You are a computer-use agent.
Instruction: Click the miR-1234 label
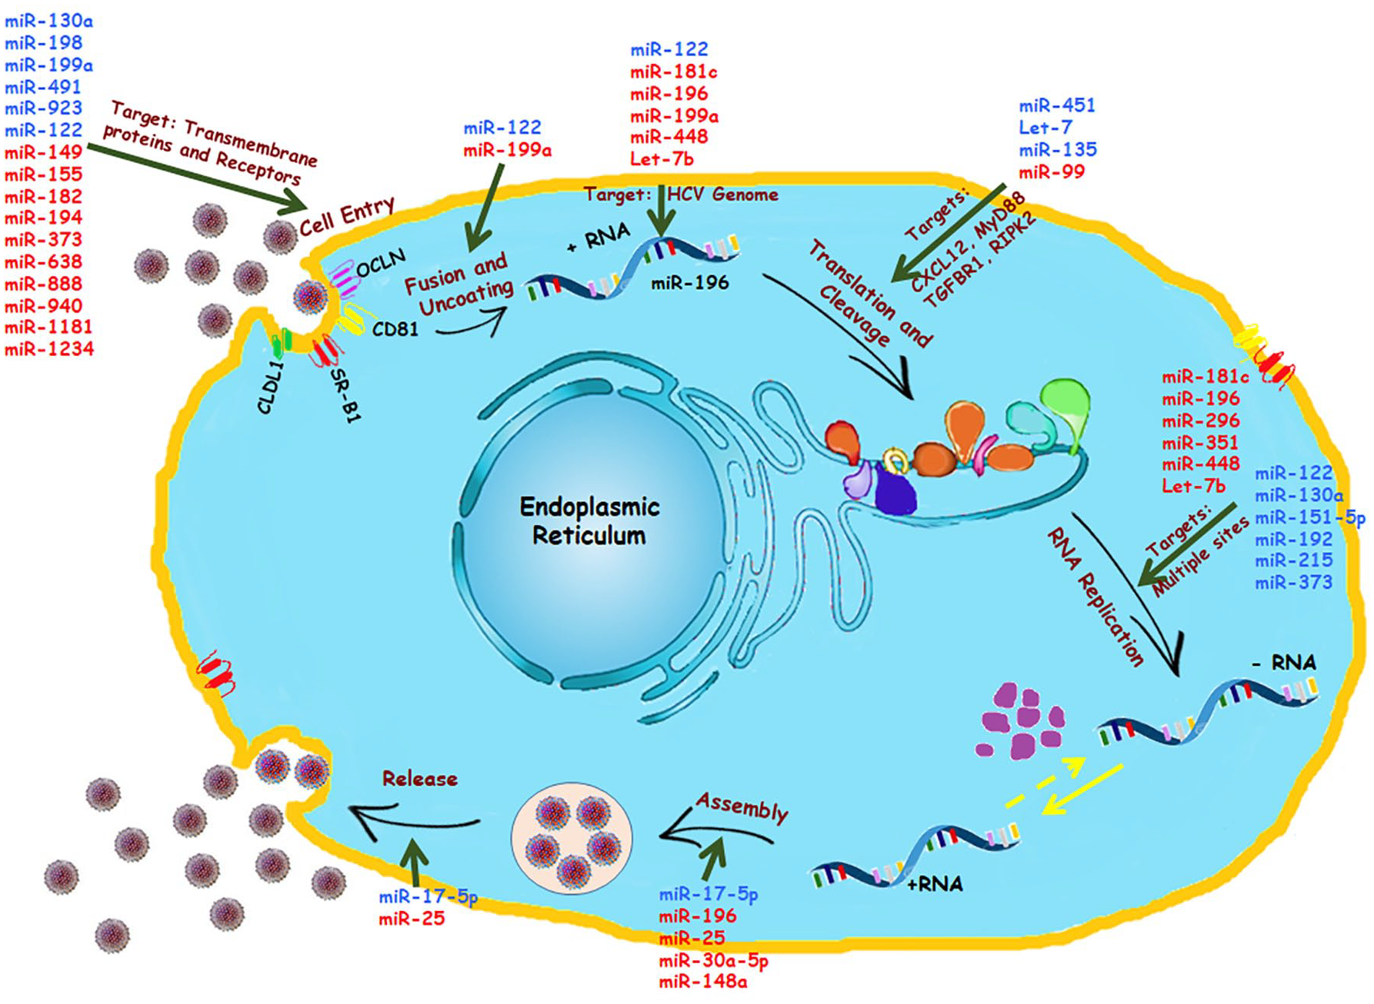49,349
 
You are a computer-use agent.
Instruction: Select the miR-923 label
44,108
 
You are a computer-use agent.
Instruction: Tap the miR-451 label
1057,105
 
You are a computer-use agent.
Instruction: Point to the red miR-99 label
1051,171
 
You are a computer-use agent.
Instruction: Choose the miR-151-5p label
1310,517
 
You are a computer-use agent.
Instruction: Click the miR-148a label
702,982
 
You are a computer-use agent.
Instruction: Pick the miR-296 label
1200,421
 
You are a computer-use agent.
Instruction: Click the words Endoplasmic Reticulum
589,520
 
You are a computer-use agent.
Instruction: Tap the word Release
420,779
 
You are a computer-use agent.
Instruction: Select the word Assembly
742,807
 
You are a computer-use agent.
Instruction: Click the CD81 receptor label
395,329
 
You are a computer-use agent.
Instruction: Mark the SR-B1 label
345,394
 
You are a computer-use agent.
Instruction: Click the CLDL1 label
271,388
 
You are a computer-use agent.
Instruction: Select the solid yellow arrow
1082,789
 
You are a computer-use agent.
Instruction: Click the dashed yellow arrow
1045,783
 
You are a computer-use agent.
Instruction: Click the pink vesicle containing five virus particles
572,838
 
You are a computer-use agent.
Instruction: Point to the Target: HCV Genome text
681,194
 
